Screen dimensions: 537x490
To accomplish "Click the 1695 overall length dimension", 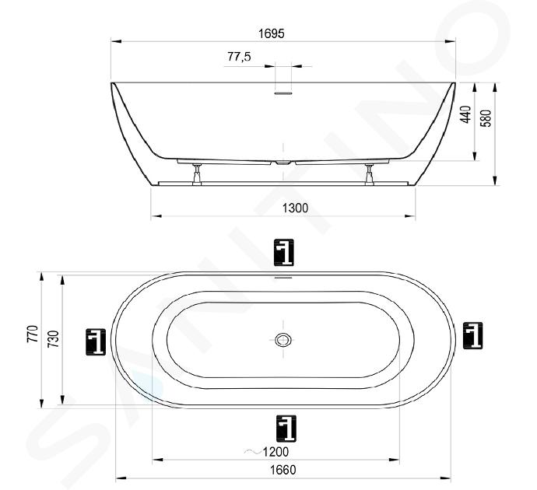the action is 272,33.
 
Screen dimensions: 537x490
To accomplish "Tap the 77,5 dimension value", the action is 239,56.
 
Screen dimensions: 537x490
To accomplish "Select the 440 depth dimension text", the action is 465,114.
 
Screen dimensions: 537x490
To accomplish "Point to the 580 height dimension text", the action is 486,118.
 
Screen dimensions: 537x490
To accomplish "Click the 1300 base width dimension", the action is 295,208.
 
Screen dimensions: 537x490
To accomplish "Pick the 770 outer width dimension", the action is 33,334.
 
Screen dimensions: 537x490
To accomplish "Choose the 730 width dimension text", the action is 54,339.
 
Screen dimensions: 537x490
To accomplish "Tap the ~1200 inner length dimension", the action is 266,452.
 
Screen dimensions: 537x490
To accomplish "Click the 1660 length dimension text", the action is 283,470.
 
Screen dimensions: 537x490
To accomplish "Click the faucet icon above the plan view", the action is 284,253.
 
